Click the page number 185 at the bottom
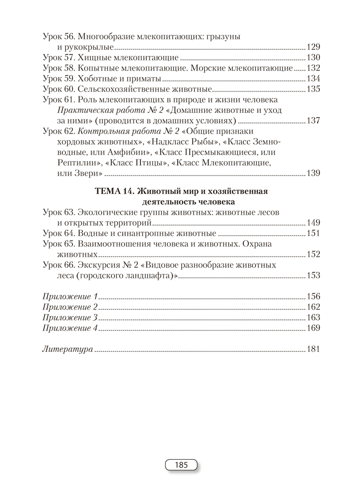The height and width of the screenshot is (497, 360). pos(181,465)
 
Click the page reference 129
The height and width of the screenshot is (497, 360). pos(314,47)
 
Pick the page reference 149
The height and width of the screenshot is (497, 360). pos(314,223)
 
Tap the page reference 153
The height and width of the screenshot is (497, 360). pos(314,275)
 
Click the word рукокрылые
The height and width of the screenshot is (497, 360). pos(90,47)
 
